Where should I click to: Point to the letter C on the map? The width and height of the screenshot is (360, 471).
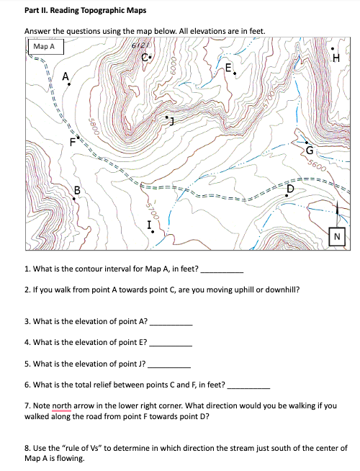[x=146, y=58]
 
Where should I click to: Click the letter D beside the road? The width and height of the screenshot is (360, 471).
[x=291, y=188]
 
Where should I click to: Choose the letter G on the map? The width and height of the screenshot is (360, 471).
[x=310, y=151]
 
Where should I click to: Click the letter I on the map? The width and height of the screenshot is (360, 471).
[x=149, y=225]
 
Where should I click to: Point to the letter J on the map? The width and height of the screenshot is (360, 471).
[x=171, y=120]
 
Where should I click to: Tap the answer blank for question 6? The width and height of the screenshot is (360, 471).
[x=248, y=385]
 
